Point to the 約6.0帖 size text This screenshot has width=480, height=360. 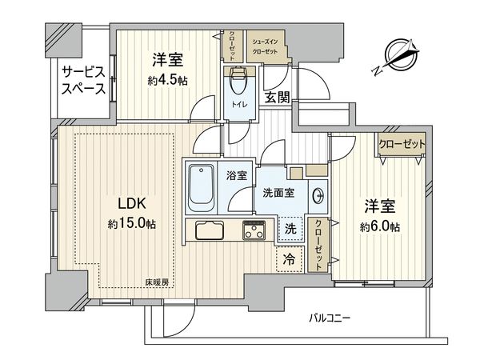[x=380, y=227]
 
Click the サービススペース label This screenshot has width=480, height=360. [x=84, y=80]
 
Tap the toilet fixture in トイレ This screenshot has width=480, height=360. [x=238, y=80]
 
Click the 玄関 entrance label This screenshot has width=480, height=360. [x=277, y=98]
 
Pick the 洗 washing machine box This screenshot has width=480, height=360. [x=291, y=229]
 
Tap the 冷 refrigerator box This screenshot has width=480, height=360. [x=288, y=259]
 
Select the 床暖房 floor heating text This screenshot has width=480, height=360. [x=157, y=282]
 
